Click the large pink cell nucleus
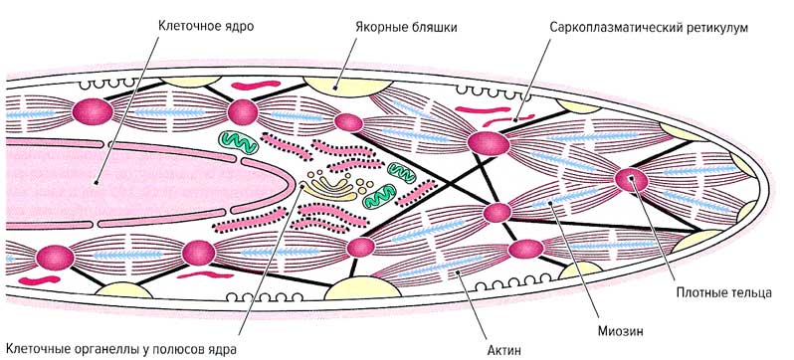[x=149, y=179]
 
